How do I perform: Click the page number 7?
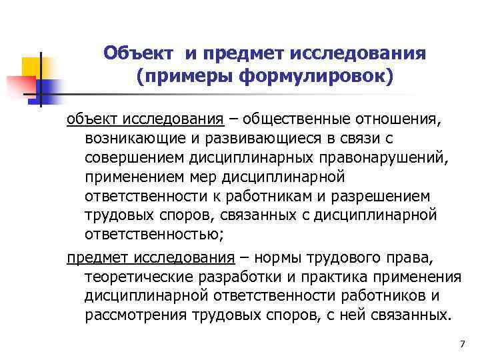coord(463,343)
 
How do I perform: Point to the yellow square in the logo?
coord(33,66)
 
